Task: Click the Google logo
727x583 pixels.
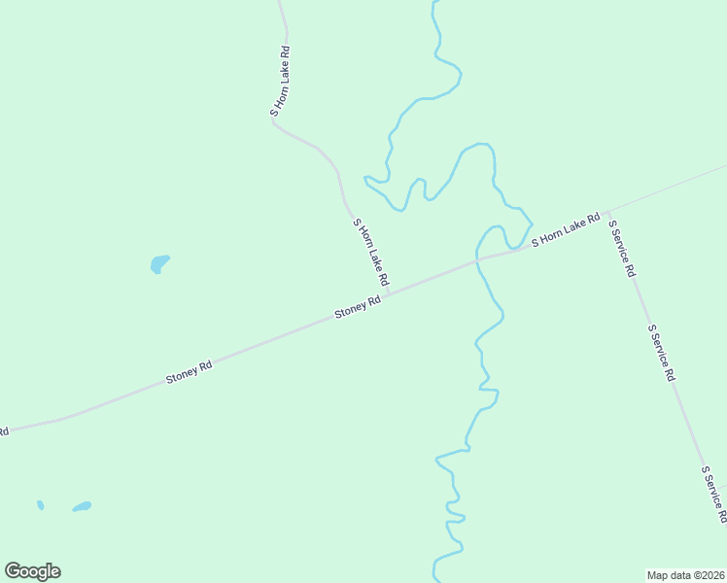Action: point(32,571)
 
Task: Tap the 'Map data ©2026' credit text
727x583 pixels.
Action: point(685,574)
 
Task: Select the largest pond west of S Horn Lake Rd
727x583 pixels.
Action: point(159,263)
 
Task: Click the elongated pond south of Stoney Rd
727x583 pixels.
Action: point(82,506)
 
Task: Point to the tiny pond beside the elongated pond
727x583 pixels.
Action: point(40,505)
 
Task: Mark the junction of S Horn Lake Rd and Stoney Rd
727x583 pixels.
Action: point(391,291)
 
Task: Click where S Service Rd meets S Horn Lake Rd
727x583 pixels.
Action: point(606,212)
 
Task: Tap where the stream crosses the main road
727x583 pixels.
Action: point(476,259)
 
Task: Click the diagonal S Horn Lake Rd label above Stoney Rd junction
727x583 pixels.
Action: point(371,253)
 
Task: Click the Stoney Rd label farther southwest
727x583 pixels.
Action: point(189,372)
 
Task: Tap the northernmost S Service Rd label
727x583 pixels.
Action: point(621,249)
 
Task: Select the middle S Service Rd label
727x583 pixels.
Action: point(661,352)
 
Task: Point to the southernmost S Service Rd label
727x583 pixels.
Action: point(713,494)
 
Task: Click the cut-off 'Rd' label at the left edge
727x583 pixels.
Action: point(4,430)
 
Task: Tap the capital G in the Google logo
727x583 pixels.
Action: point(13,570)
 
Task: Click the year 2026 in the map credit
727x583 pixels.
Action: point(711,574)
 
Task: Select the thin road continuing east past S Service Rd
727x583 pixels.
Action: point(671,187)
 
